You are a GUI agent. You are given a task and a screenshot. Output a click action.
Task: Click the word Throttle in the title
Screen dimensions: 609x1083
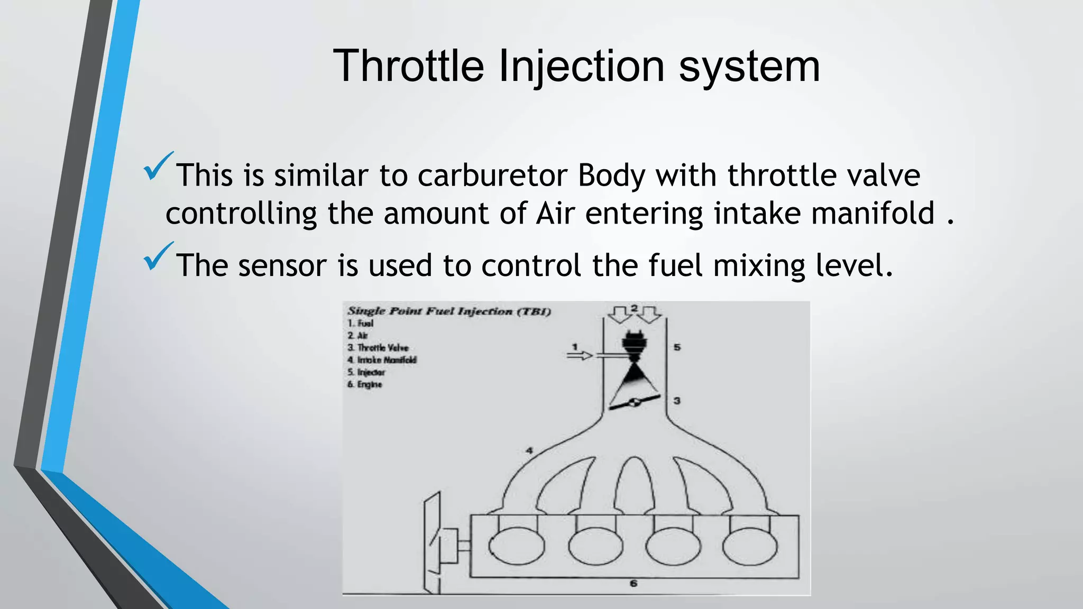point(408,66)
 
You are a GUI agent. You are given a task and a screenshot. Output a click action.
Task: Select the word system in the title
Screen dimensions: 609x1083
point(749,66)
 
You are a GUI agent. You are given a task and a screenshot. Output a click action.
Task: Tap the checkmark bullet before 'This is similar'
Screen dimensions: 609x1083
point(158,166)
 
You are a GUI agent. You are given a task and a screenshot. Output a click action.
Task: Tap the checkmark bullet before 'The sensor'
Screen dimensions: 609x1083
point(158,256)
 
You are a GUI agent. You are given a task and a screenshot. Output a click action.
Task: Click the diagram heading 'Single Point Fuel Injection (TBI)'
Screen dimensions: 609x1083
point(449,311)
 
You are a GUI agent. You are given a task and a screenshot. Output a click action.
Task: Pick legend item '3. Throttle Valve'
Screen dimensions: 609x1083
point(378,347)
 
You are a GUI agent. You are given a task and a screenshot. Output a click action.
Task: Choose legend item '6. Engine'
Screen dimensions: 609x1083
point(364,384)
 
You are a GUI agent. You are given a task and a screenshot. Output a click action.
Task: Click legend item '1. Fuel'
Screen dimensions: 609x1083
point(360,323)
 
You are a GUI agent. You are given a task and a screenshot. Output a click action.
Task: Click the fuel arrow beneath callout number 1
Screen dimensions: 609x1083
point(580,356)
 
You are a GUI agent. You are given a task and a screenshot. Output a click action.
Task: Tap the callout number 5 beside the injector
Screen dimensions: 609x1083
point(677,347)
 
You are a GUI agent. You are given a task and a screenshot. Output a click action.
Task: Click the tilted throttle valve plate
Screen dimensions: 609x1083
point(634,402)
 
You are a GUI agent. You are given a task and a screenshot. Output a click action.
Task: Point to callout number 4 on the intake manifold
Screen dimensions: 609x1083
point(529,450)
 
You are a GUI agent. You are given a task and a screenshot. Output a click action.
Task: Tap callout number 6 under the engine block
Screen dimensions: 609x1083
point(634,584)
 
